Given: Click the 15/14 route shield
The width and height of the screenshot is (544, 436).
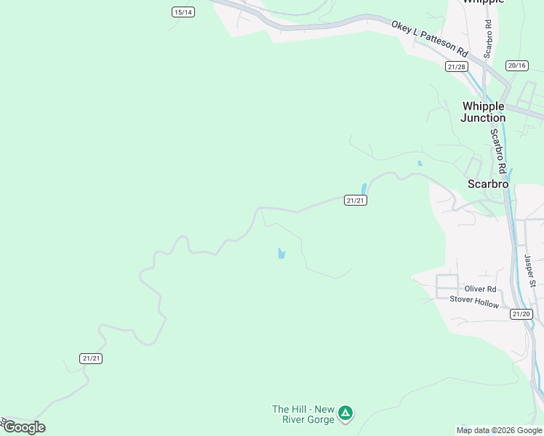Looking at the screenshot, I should click(183, 12).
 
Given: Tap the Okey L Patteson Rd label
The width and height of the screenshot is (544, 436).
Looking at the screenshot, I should click(430, 38).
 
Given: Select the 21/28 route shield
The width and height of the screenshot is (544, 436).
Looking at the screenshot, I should click(456, 67).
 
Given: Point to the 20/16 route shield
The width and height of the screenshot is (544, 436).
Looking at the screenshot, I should click(517, 65).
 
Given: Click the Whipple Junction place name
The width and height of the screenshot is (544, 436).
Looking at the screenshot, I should click(483, 112).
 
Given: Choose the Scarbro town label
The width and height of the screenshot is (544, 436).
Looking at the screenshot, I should click(488, 184).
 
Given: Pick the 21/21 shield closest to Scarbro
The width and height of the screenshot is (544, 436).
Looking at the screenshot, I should click(356, 201).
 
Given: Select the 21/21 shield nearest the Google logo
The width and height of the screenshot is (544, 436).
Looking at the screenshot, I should click(92, 358).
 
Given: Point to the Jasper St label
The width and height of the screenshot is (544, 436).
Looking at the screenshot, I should click(529, 270).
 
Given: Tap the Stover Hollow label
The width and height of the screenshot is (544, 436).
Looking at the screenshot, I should click(474, 300).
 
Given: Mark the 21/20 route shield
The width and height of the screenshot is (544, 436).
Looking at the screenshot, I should click(521, 314).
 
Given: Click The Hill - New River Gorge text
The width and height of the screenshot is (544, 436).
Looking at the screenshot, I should click(303, 414).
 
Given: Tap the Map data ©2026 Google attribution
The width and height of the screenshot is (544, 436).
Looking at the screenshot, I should click(499, 430).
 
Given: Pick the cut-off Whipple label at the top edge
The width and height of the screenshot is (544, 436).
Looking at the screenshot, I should click(483, 2).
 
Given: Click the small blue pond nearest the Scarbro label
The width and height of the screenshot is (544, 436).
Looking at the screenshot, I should click(420, 163).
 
